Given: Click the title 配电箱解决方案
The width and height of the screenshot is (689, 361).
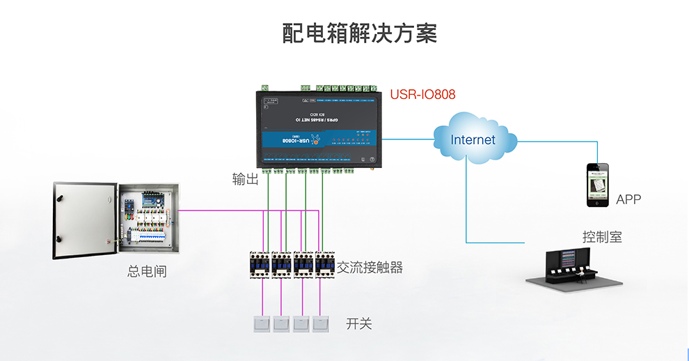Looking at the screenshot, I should point(359,33).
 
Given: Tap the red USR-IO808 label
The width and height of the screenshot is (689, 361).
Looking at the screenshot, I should point(422,94).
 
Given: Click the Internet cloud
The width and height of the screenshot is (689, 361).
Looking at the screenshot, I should point(473,140).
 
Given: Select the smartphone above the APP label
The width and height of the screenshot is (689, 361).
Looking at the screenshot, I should point(596,185).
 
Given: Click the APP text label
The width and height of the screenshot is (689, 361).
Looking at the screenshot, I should point(628,200).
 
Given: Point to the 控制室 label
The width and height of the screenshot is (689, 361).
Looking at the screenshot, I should point(602,237).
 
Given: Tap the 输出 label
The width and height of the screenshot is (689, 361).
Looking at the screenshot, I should point(245,180).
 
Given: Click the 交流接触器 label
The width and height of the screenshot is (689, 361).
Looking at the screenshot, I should point(370,268).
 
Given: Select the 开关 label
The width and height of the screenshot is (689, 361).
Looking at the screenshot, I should point(359,323).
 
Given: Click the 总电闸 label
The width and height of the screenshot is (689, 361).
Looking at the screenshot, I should point(147,271).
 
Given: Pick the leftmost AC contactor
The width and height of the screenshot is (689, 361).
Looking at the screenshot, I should point(260,264).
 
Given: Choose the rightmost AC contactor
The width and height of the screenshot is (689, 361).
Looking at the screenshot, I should point(325,264).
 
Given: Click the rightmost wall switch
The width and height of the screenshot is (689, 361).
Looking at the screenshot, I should point(321,323).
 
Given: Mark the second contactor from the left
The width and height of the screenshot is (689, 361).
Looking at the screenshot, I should point(281,264).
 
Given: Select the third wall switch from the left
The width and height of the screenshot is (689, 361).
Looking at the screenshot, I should point(301,323).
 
